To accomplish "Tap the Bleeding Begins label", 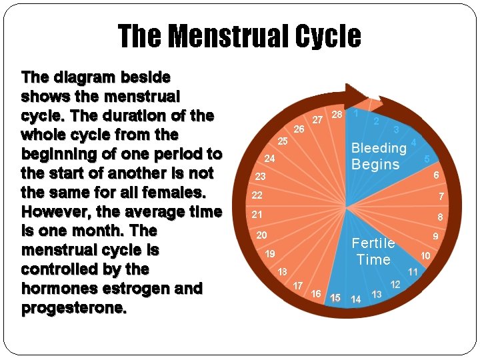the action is [378, 156].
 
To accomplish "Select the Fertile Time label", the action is [373, 251].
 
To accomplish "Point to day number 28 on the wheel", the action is [337, 115].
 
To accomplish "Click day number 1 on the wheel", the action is [357, 113].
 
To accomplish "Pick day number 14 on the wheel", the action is [356, 299].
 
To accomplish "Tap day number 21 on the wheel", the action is [257, 215].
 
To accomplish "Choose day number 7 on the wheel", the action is [441, 197].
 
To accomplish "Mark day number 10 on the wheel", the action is [425, 256].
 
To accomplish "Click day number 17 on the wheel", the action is [298, 286].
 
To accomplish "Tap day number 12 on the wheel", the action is [395, 285].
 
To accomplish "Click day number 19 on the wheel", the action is [270, 254].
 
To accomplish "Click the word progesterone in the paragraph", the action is [75, 308].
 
